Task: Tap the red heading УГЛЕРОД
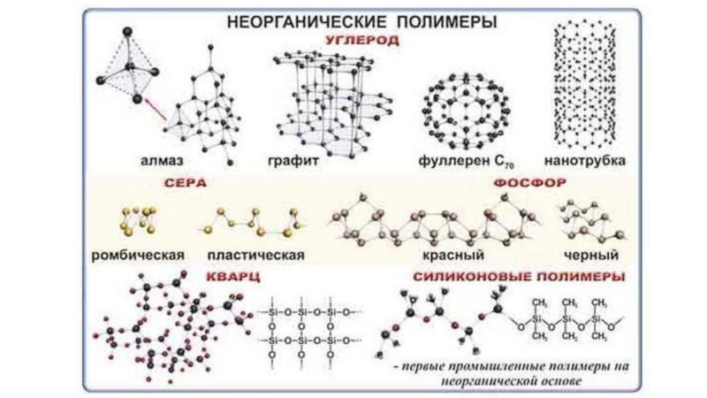coord(361,41)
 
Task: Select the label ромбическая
coord(138,255)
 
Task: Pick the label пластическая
coord(256,255)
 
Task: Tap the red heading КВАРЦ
coord(232,276)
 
